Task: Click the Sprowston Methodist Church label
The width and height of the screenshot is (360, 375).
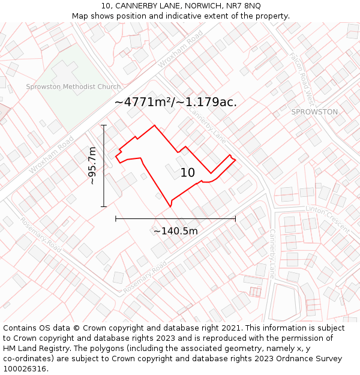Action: pos(73,87)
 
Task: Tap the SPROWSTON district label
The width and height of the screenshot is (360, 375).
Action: pos(314,112)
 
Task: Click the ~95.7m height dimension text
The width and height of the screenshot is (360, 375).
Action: pos(92,166)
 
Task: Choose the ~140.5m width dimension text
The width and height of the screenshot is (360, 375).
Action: pos(176,231)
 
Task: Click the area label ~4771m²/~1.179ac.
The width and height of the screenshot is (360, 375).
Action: pos(175,102)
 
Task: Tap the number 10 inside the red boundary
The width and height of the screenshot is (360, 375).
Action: pos(188,173)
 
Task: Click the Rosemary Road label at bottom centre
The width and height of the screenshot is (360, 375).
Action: pos(145,278)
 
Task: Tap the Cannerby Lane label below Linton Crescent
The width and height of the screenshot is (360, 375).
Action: pos(272,253)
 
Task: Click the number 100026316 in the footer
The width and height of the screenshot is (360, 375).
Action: pos(25,368)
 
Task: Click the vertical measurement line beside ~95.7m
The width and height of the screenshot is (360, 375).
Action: pos(104,180)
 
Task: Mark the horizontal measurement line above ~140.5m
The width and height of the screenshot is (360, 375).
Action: pos(175,219)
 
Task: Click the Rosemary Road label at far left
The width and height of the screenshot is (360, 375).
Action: pos(41,234)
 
